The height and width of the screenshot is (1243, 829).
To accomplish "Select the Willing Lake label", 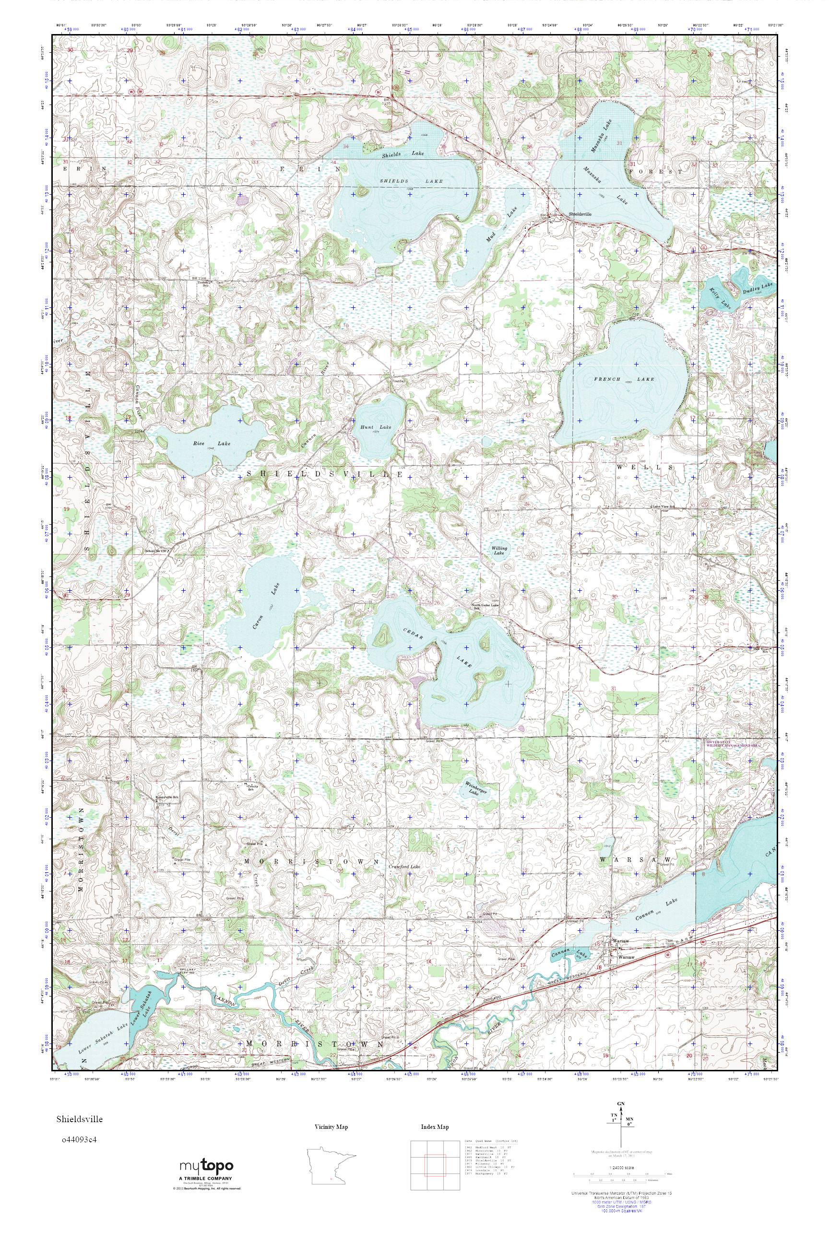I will click(498, 550).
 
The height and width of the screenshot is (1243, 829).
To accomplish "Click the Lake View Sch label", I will click(664, 506).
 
